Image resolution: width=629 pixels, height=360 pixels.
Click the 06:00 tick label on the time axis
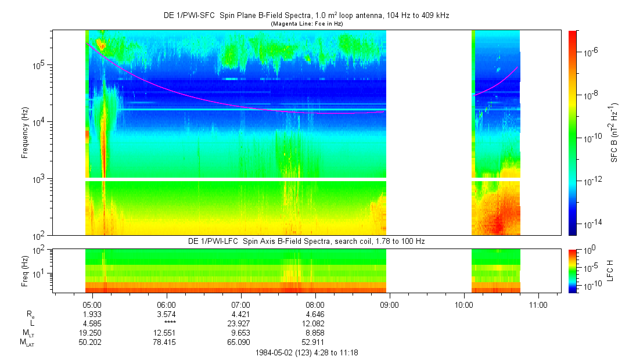coord(167,305)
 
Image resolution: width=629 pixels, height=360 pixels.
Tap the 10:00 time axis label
coord(463,305)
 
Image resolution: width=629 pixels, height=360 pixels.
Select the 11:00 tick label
coord(538,305)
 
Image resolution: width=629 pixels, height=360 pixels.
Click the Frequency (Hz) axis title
coord(25,133)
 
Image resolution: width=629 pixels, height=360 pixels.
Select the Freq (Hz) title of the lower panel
coord(25,271)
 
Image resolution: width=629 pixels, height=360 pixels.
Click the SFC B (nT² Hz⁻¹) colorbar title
coord(614,132)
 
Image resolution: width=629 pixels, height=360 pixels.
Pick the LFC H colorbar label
coord(610,271)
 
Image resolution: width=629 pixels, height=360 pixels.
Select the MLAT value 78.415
coord(164,343)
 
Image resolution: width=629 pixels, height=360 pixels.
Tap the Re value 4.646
coord(315,314)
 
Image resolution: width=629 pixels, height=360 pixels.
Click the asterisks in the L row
coord(170,323)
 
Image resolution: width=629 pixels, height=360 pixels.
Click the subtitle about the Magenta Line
coord(307,24)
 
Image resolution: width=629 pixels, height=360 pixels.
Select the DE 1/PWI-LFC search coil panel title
coord(307,242)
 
